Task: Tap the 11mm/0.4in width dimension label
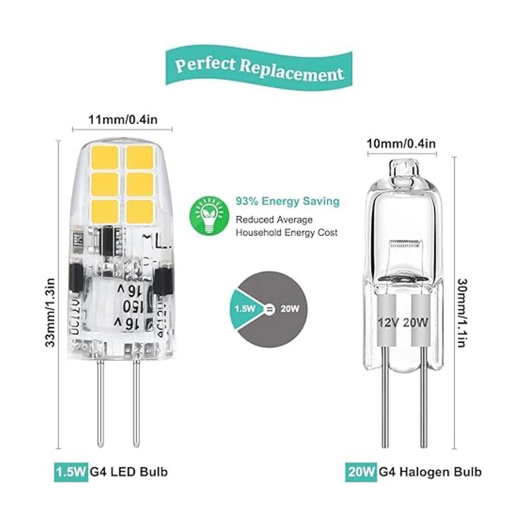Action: tap(122, 119)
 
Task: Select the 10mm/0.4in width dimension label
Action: tap(402, 143)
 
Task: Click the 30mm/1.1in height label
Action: tap(461, 307)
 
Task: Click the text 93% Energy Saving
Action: tap(288, 201)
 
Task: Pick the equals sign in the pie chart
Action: tap(269, 309)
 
